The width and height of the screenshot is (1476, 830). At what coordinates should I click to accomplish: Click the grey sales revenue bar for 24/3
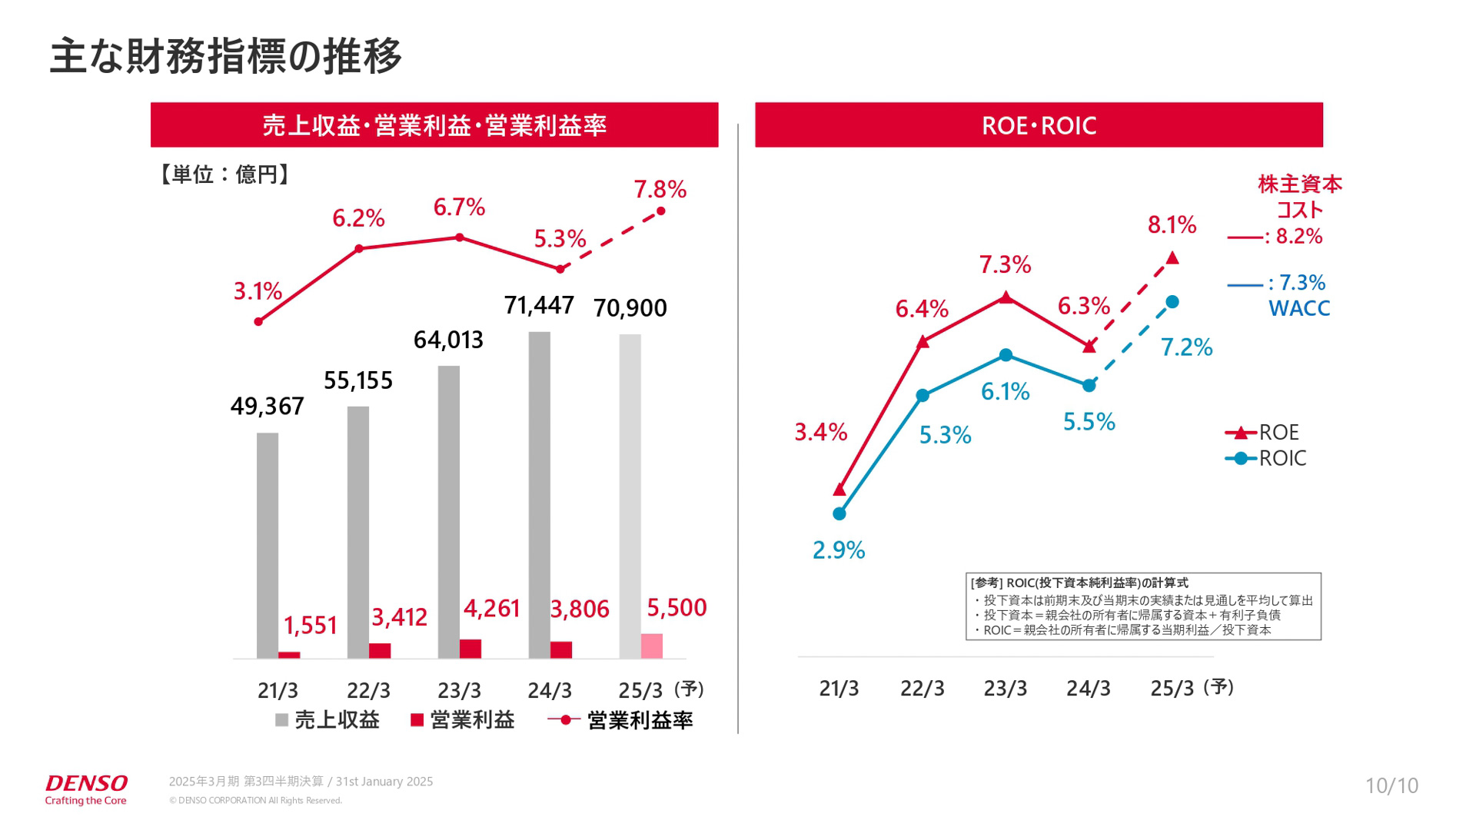pyautogui.click(x=539, y=495)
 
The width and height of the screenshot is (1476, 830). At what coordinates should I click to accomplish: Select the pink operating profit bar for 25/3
pyautogui.click(x=651, y=646)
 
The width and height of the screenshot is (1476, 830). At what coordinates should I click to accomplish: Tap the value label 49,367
pyautogui.click(x=267, y=406)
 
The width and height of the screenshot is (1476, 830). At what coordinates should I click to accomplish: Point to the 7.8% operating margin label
pyautogui.click(x=660, y=189)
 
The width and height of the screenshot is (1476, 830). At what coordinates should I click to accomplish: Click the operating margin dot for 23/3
pyautogui.click(x=460, y=237)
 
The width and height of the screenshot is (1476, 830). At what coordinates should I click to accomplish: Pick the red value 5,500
pyautogui.click(x=676, y=608)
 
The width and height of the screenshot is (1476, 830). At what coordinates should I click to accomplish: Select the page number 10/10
pyautogui.click(x=1391, y=785)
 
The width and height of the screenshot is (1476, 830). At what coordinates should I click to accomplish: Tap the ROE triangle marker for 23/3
pyautogui.click(x=1006, y=297)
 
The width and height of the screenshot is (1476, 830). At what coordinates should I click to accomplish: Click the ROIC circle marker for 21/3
pyautogui.click(x=839, y=513)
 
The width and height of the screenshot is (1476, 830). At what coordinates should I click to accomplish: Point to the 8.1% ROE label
pyautogui.click(x=1172, y=225)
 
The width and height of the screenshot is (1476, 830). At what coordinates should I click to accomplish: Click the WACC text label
pyautogui.click(x=1298, y=308)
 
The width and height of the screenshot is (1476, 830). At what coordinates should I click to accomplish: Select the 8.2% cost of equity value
pyautogui.click(x=1298, y=236)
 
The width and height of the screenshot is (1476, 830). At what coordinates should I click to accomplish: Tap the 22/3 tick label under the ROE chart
pyautogui.click(x=922, y=689)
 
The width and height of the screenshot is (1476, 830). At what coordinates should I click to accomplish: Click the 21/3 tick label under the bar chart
pyautogui.click(x=278, y=690)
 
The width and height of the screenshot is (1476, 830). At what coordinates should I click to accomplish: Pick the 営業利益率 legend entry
pyautogui.click(x=621, y=720)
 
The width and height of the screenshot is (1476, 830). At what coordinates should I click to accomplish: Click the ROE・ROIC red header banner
pyautogui.click(x=1039, y=124)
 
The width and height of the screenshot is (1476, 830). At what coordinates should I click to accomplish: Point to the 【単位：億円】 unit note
pyautogui.click(x=224, y=174)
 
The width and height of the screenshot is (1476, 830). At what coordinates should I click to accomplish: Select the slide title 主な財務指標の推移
pyautogui.click(x=225, y=56)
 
